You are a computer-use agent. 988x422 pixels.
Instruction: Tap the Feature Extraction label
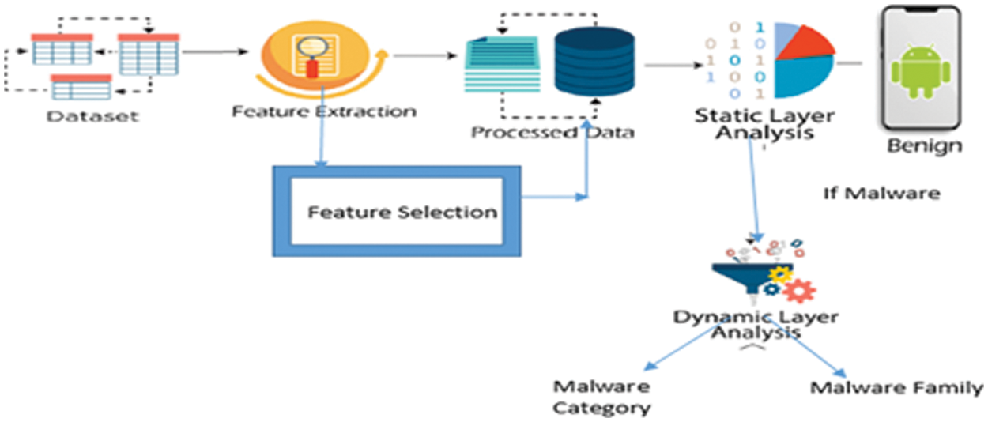323,111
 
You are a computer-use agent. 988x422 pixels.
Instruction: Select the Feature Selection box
396,212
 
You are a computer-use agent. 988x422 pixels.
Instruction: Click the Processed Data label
552,132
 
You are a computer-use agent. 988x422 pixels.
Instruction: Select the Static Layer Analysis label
764,125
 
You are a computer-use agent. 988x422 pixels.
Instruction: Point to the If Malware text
881,193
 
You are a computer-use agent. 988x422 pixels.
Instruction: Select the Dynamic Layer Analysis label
756,325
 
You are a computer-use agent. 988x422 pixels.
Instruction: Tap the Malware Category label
601,398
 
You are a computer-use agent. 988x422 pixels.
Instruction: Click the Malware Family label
896,388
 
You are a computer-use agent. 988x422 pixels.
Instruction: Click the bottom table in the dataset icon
81,87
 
